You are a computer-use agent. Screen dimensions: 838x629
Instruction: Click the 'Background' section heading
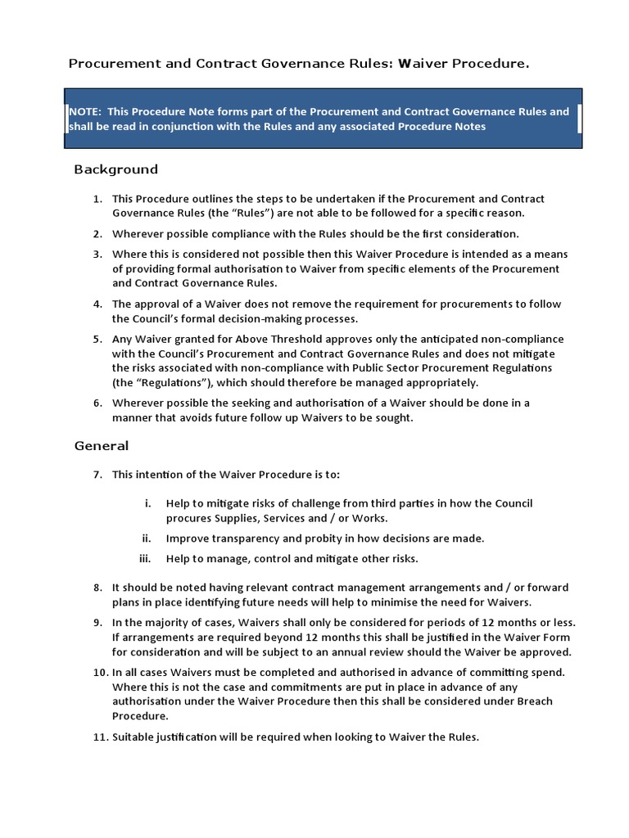115,169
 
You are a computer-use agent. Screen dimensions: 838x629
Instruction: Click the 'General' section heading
101,446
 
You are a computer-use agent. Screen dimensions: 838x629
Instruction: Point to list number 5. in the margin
97,339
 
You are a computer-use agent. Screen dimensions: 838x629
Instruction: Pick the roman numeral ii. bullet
146,538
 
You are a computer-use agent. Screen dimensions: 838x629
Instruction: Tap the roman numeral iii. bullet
145,559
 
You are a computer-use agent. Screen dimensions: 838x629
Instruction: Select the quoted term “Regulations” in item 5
167,383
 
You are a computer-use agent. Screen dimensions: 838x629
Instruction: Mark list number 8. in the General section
97,588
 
